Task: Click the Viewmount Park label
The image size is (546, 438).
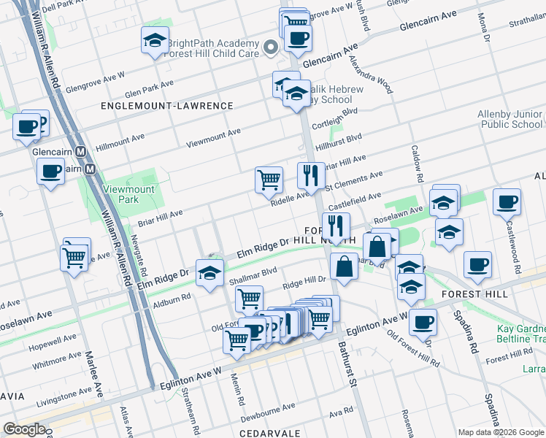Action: tap(120, 193)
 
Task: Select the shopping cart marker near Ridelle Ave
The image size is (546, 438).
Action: tap(269, 179)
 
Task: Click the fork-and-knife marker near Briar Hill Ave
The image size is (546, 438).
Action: tap(311, 175)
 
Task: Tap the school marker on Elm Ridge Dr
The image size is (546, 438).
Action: tap(209, 273)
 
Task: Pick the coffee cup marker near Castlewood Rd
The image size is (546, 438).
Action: tap(507, 201)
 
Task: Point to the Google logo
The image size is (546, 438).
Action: tap(23, 429)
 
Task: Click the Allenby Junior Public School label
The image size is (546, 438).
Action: tap(510, 119)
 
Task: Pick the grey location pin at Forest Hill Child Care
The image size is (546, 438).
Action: tap(271, 48)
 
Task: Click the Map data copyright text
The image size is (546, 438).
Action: tap(501, 432)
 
